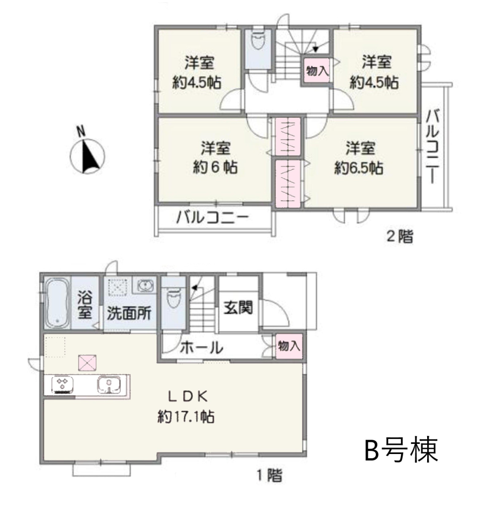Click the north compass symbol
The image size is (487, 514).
click(x=87, y=156)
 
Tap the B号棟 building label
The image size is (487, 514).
click(x=401, y=449)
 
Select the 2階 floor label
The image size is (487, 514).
click(x=400, y=236)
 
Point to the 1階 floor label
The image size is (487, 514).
click(x=269, y=475)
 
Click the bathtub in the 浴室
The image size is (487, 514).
click(x=56, y=303)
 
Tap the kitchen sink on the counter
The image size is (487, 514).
click(x=109, y=384)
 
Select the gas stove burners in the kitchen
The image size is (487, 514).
click(x=63, y=384)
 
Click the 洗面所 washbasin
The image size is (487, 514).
click(x=144, y=285)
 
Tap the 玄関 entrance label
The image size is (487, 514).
click(x=238, y=308)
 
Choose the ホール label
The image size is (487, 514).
click(x=202, y=347)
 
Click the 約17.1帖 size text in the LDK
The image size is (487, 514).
click(x=186, y=417)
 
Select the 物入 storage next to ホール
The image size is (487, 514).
click(x=289, y=346)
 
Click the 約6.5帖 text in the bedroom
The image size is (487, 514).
click(x=359, y=169)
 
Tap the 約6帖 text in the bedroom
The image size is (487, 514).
click(x=215, y=168)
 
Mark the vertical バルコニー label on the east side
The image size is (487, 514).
click(x=432, y=147)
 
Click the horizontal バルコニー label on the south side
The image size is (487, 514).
click(x=213, y=217)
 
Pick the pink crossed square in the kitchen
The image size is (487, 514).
click(x=87, y=362)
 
